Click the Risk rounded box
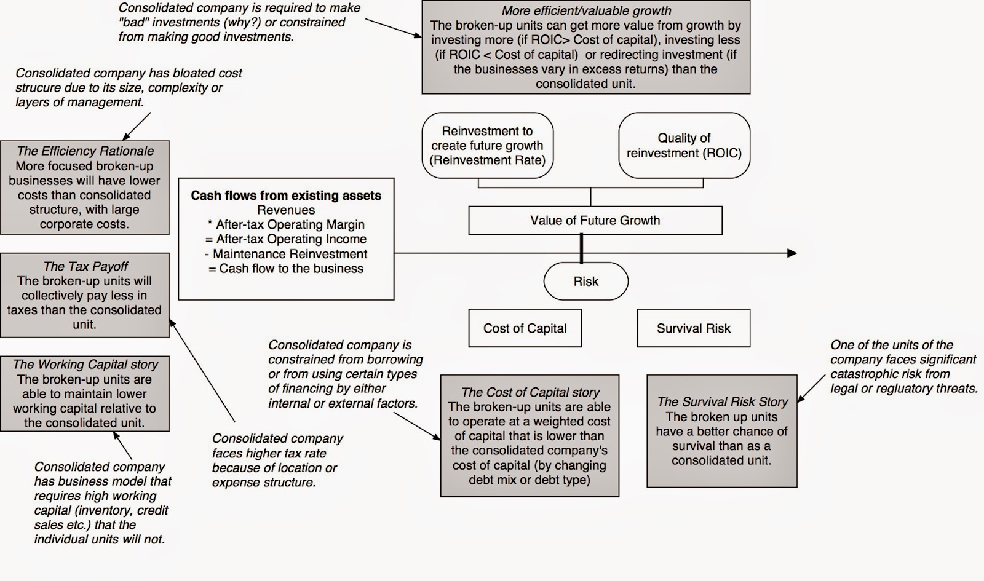[585, 282]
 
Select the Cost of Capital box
[525, 328]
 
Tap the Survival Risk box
[693, 328]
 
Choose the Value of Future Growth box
[595, 220]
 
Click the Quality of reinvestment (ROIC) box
[684, 146]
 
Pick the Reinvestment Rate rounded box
[488, 146]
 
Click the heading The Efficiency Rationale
[85, 151]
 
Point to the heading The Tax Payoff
[85, 266]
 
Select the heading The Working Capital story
[85, 365]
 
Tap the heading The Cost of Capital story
[530, 392]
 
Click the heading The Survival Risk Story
[722, 402]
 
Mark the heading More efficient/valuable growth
[586, 11]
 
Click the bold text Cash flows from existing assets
[286, 196]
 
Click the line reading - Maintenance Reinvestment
[286, 254]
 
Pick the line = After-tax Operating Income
[286, 239]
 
